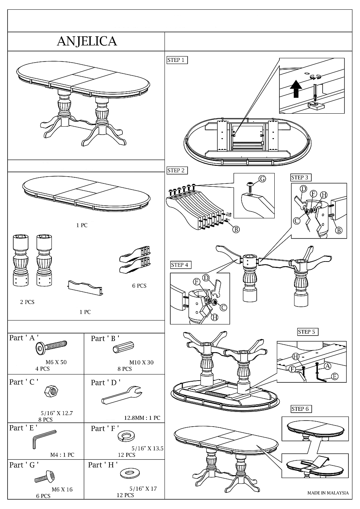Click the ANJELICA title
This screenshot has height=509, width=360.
point(87,41)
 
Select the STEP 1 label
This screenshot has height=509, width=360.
point(176,60)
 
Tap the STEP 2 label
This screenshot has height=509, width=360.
point(176,171)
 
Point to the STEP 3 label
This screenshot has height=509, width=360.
point(300,177)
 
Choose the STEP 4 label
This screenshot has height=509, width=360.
point(180,265)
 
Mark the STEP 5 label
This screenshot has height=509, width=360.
point(307,332)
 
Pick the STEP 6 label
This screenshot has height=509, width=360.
point(301,409)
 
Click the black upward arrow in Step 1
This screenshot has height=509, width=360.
point(296,89)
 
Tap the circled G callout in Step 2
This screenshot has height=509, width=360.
point(262,178)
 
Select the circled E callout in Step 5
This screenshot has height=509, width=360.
point(334,376)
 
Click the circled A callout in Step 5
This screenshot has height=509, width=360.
point(327,366)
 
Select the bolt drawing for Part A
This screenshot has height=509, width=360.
point(51,347)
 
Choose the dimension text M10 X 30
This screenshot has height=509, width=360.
point(141,362)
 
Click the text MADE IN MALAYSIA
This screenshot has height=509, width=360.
point(328,493)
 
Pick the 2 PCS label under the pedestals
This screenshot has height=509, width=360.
point(27,302)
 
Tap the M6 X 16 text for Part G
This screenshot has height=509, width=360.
point(62,489)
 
